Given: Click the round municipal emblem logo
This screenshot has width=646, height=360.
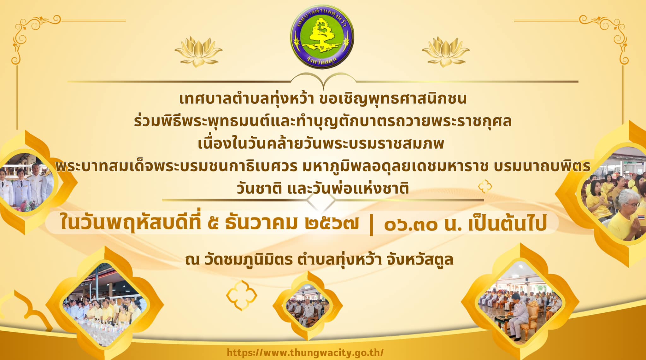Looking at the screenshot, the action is [x=322, y=37].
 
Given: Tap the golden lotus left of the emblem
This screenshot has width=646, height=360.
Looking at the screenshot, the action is [x=198, y=51].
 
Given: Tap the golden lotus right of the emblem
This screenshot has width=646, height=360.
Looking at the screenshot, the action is [x=446, y=51].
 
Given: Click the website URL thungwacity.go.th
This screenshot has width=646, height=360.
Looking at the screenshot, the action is [x=305, y=352].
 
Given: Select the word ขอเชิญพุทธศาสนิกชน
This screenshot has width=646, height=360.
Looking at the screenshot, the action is [x=393, y=99].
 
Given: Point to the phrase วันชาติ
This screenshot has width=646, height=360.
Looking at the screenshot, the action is [x=259, y=189].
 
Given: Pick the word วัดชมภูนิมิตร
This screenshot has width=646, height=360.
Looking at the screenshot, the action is [x=249, y=260].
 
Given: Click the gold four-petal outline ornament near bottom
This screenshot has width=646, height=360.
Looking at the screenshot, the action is [x=242, y=295].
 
